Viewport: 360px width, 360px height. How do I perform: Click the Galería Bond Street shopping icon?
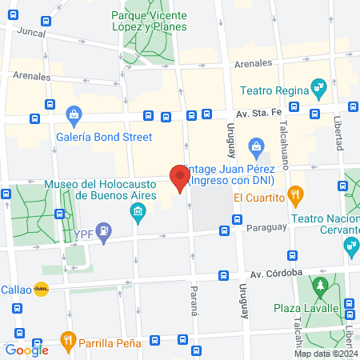74,117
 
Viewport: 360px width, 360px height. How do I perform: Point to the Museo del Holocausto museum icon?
137,211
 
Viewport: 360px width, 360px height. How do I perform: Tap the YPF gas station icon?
102,233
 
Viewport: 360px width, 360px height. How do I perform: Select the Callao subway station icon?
41,290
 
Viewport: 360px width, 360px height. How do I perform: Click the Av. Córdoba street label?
274,273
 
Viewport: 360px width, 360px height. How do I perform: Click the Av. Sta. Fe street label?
258,115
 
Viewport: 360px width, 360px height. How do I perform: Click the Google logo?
26,350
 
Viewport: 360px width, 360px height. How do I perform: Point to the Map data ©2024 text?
326,353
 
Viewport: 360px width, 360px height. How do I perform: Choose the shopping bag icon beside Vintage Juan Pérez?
256,146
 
